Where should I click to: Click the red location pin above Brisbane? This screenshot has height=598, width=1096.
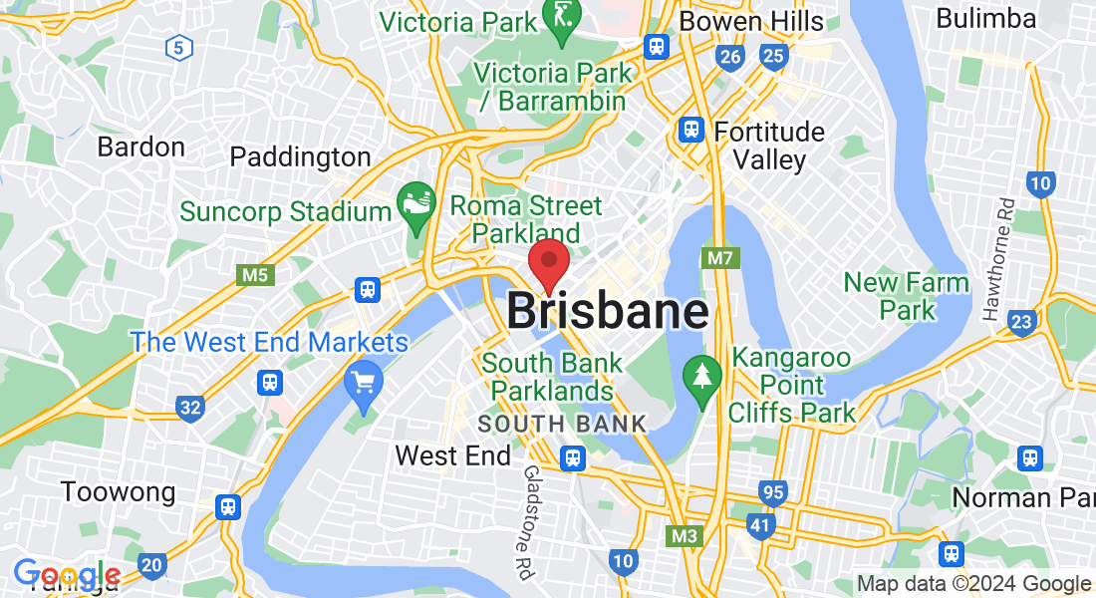tap(548, 262)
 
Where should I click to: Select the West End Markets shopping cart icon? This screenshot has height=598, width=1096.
tap(363, 382)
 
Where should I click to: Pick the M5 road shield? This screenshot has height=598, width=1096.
tap(255, 274)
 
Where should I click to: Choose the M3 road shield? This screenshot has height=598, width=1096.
tap(684, 536)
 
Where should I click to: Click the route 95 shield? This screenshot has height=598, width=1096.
tap(771, 491)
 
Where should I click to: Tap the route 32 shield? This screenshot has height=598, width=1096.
tap(189, 407)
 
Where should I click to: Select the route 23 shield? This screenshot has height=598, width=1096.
tap(1020, 321)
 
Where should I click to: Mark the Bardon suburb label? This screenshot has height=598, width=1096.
tap(140, 148)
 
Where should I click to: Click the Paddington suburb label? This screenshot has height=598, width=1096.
tap(300, 157)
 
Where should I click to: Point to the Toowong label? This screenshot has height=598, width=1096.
tap(118, 492)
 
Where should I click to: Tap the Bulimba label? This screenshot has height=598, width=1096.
tap(986, 18)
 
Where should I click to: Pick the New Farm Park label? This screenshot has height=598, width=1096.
tap(907, 296)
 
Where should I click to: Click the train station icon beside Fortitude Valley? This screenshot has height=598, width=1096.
tap(690, 130)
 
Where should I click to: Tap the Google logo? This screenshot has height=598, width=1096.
tap(67, 575)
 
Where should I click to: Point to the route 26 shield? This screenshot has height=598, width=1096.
tap(730, 57)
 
